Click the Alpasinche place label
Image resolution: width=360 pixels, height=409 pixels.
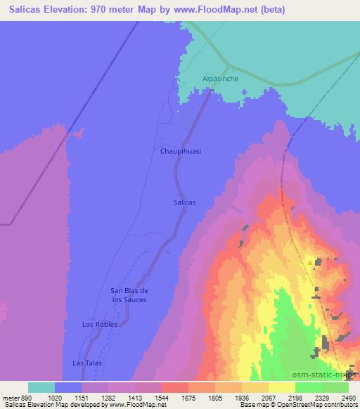coord(221,79)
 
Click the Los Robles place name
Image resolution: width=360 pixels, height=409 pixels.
coord(99,325)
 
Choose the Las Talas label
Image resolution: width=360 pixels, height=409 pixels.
coord(88,363)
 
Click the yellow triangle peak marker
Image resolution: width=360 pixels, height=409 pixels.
coord(310,264)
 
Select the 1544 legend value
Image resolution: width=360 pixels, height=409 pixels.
coord(162,398)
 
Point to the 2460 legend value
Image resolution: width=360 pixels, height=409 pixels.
coord(349,398)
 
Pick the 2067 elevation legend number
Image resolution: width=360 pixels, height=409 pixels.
coord(269,398)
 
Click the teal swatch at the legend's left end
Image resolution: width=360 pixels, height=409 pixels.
coord(41,387)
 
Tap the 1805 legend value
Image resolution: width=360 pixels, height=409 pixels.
coord(215,398)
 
